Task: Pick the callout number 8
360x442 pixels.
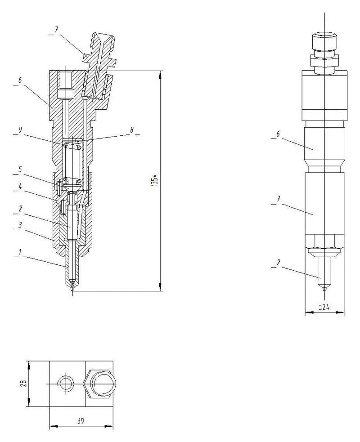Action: (x=132, y=129)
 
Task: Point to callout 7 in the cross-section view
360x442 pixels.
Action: (x=56, y=30)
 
